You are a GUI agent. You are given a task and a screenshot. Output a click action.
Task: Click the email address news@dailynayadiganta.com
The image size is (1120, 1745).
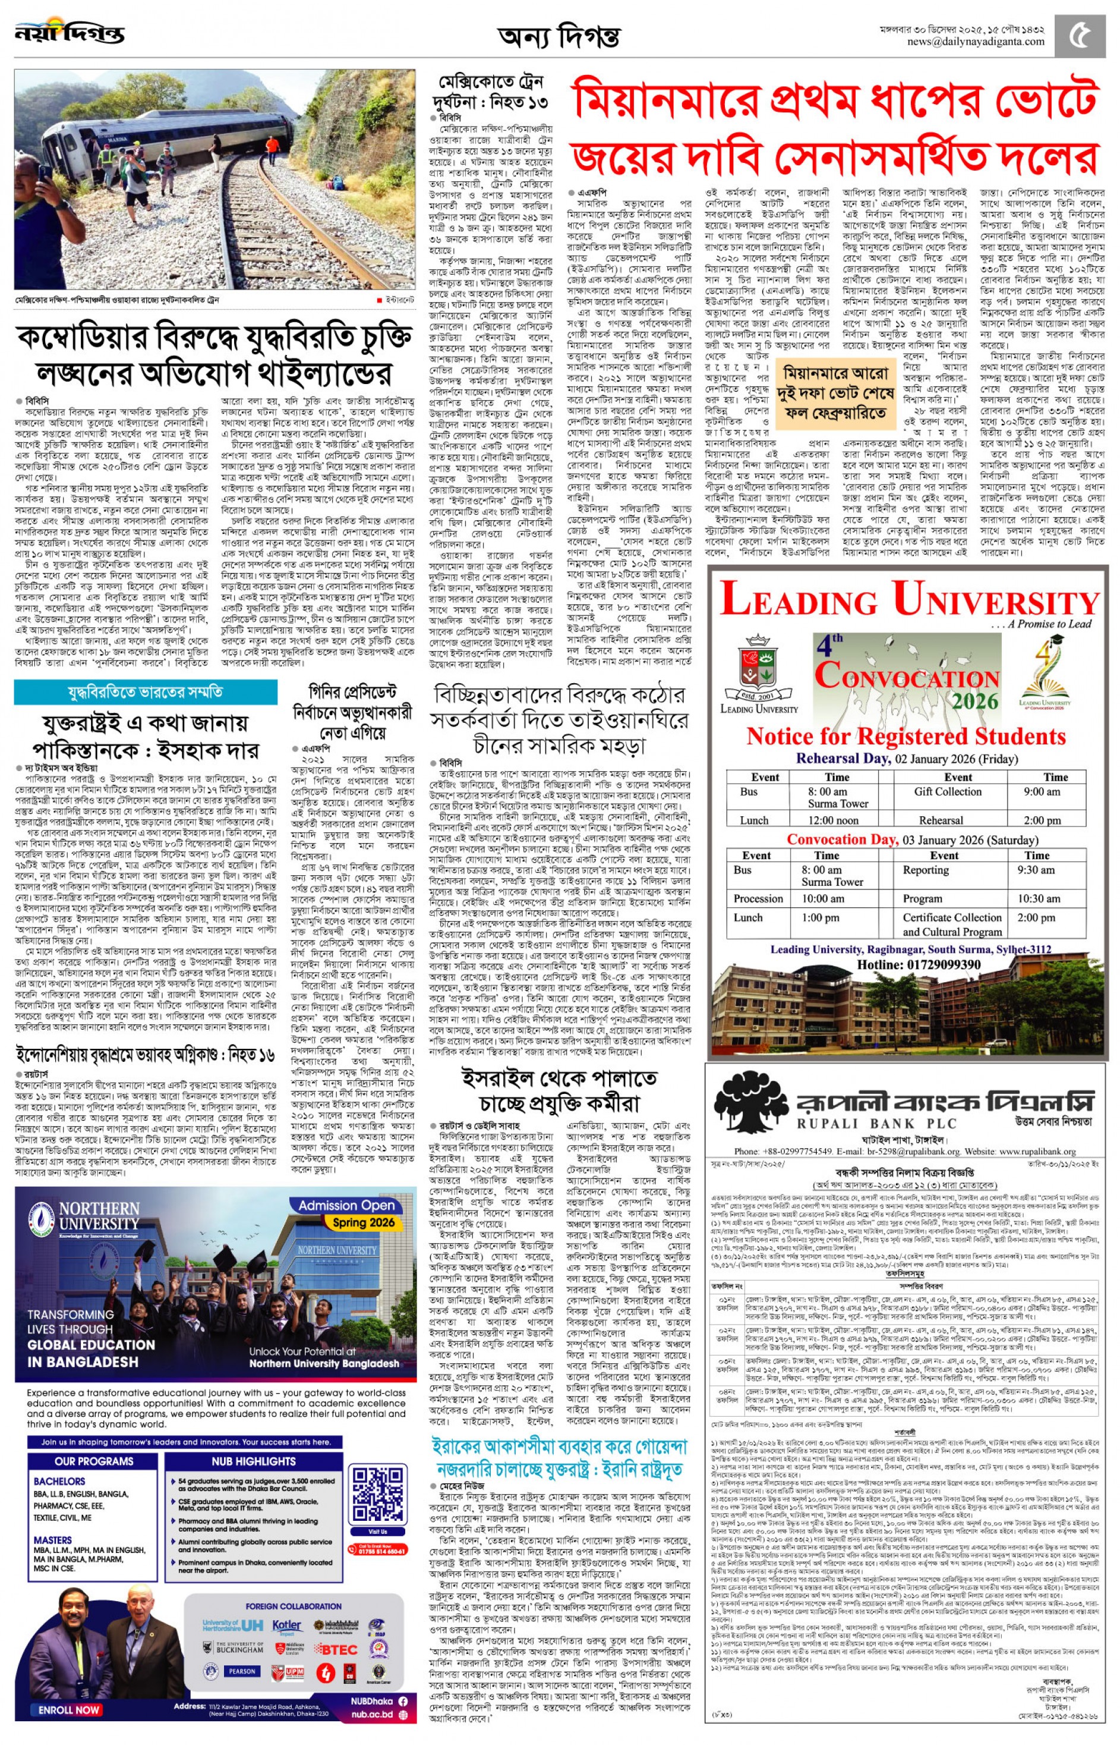[975, 42]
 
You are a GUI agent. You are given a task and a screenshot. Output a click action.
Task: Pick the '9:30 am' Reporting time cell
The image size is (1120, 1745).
[1036, 870]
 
